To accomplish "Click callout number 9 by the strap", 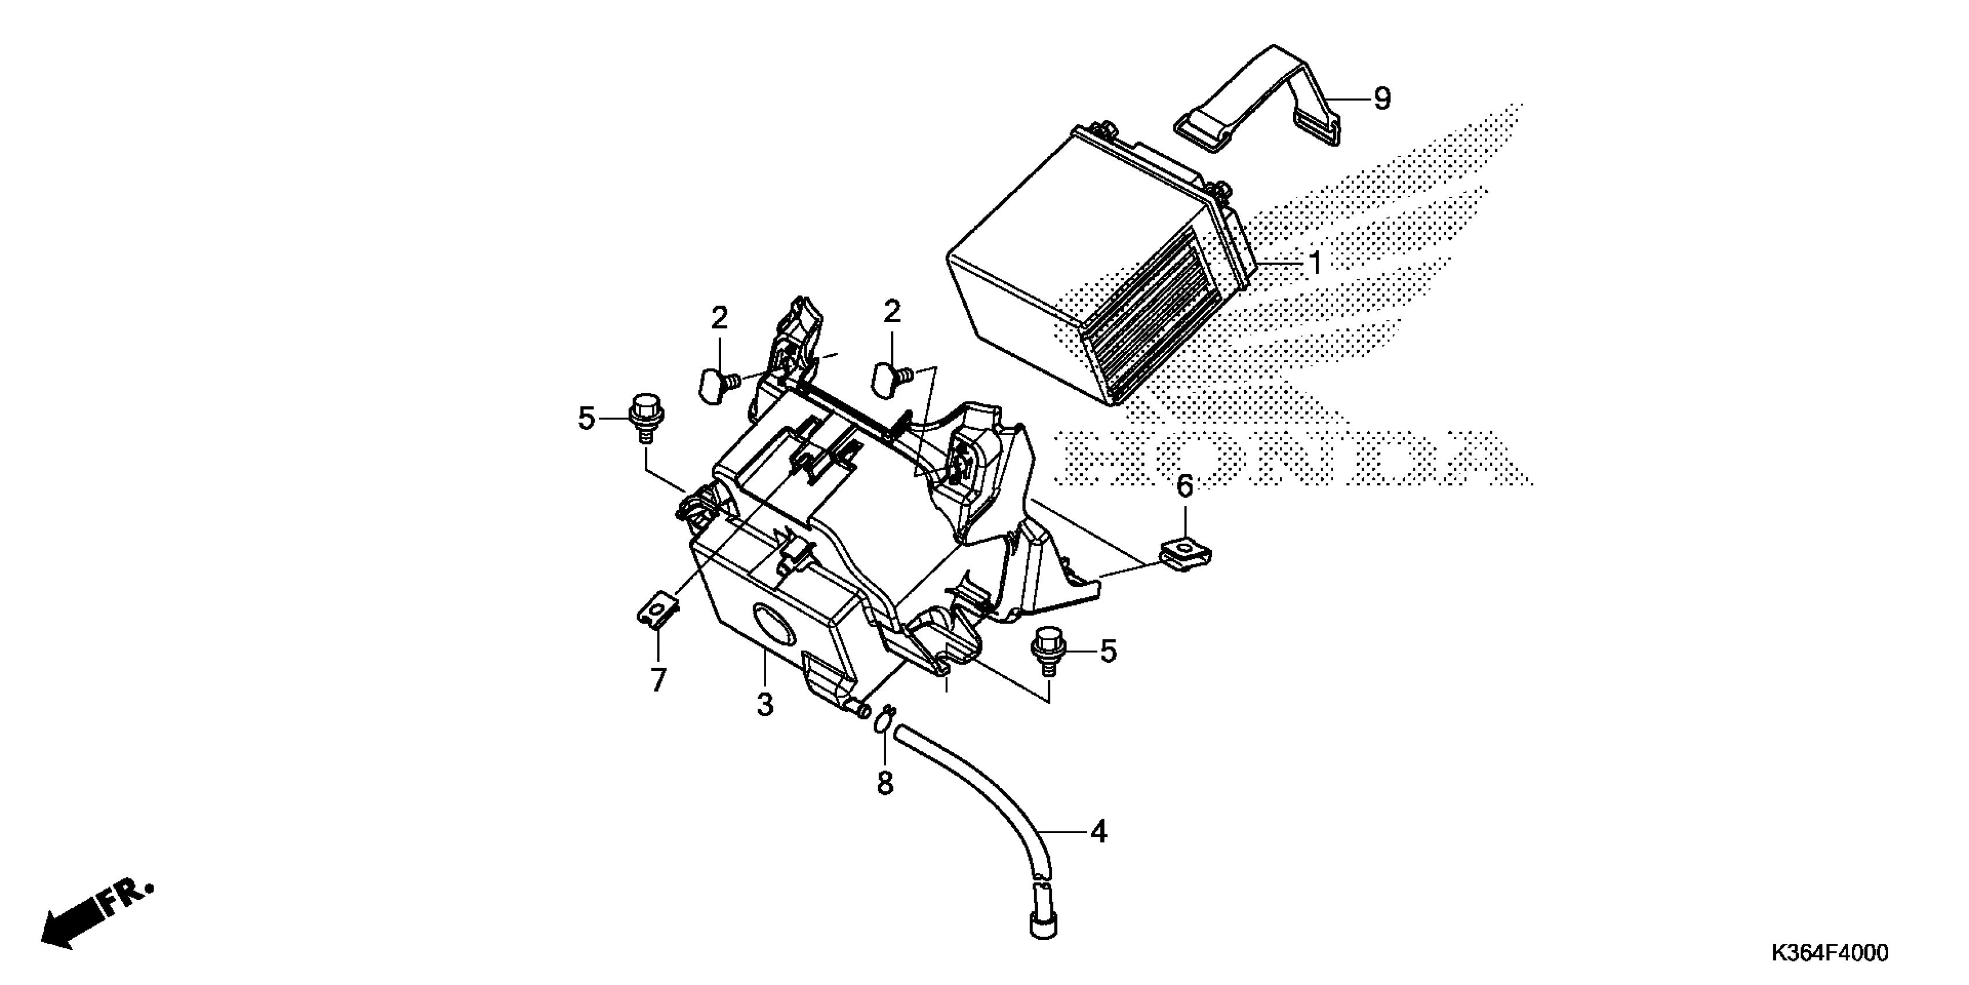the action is [1382, 98].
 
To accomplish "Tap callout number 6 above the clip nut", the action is [1184, 486].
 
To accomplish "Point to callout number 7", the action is [658, 679].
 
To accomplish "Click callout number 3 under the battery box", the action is [765, 703].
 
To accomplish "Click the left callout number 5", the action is [586, 418].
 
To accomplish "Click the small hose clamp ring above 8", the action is [884, 720].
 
